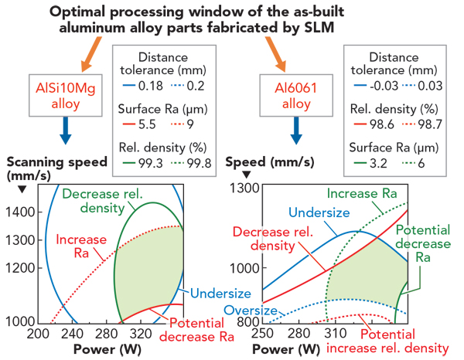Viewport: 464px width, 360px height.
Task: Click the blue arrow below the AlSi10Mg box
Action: click(64, 131)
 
